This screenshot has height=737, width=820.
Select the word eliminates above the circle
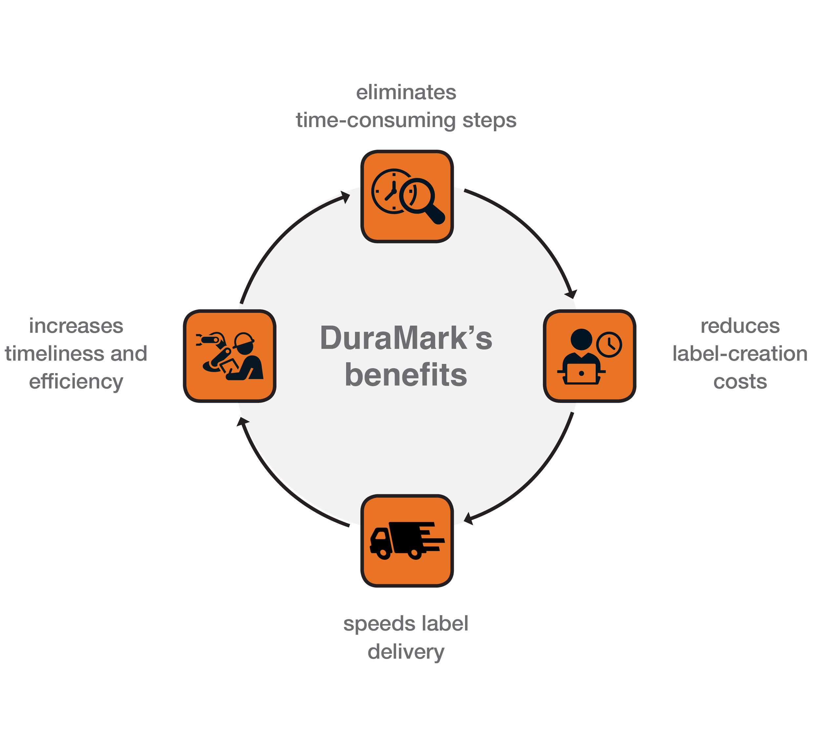(406, 92)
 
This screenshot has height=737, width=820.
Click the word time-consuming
(376, 120)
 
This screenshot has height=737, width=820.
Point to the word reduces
(740, 326)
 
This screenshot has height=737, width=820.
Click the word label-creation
(740, 353)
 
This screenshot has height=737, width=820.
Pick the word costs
(740, 381)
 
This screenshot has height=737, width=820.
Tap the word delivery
(406, 652)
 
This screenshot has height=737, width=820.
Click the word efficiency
(76, 381)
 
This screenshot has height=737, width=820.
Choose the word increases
(76, 326)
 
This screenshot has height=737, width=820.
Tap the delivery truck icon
(406, 540)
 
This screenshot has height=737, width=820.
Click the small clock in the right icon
(609, 345)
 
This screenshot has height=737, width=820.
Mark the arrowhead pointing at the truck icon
(469, 519)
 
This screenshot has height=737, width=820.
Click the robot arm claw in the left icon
(199, 340)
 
